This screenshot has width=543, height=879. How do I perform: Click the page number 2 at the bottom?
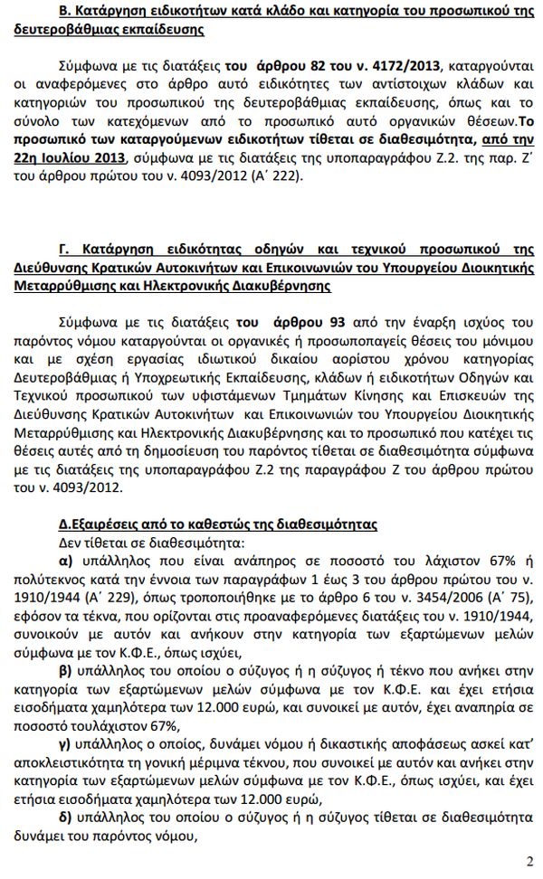pyautogui.click(x=529, y=859)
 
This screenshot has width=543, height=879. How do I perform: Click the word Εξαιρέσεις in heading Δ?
pyautogui.click(x=102, y=525)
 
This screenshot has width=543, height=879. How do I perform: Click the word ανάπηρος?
pyautogui.click(x=252, y=560)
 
